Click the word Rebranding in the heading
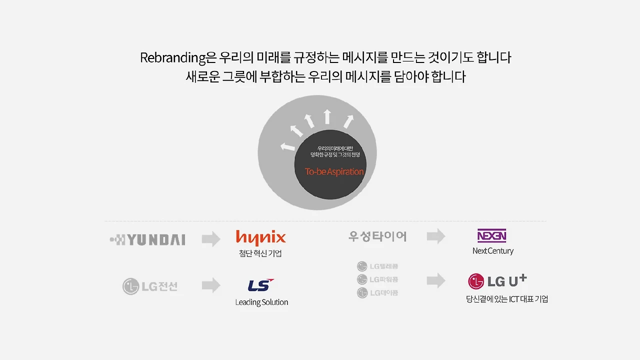click(x=172, y=58)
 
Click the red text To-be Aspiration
click(x=334, y=171)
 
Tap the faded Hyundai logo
click(x=147, y=240)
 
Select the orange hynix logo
click(x=260, y=237)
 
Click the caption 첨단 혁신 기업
click(x=260, y=253)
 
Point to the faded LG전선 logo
click(x=150, y=286)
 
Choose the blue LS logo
click(x=260, y=285)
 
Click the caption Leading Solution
click(x=261, y=302)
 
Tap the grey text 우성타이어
click(x=377, y=236)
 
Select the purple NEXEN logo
click(x=491, y=235)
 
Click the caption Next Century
click(x=492, y=251)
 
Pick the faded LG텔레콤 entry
click(x=377, y=266)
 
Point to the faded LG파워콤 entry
click(x=377, y=279)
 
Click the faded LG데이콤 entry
click(x=377, y=292)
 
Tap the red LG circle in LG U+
click(x=476, y=281)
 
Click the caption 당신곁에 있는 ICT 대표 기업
click(x=506, y=299)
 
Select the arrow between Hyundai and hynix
click(x=211, y=239)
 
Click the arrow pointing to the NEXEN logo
click(x=436, y=236)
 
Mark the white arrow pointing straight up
click(x=327, y=116)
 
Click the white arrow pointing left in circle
click(x=287, y=147)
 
